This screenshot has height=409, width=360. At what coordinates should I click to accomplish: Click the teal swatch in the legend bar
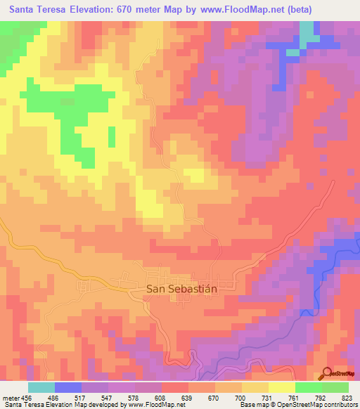coord(41,388)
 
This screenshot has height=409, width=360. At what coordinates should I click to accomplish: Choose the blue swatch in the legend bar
coord(68,388)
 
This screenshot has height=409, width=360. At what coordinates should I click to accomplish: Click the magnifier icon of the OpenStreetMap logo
coord(326,373)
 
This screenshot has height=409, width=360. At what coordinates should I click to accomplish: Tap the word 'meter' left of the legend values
coord(14,398)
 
